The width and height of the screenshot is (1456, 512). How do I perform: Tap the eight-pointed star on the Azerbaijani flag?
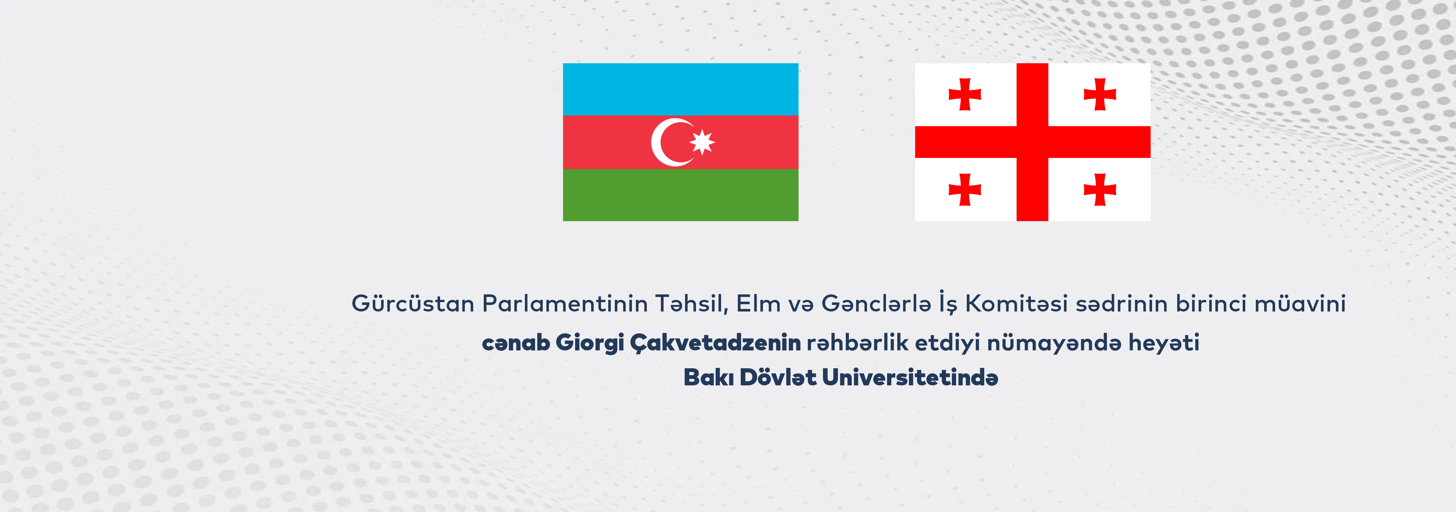pos(702,142)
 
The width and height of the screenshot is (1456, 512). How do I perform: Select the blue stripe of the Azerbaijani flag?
pos(681,89)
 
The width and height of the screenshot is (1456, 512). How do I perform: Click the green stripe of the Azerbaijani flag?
pos(681,195)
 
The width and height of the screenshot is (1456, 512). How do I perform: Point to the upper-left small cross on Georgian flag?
pos(965,94)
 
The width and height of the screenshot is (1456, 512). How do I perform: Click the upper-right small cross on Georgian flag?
pos(1100,94)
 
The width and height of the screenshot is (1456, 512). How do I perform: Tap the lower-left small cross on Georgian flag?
pos(965,189)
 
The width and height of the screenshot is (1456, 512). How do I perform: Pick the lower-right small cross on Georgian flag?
pos(1100,189)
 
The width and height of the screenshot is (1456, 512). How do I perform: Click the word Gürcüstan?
pos(413,303)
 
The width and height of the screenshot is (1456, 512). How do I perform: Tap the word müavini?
pos(1300,303)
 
